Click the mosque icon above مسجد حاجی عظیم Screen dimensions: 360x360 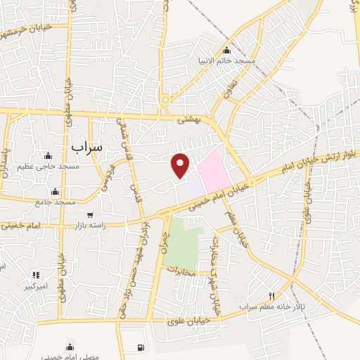click(48, 156)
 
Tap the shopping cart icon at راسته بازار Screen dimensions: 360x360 click(90, 215)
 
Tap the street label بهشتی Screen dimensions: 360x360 click(189, 120)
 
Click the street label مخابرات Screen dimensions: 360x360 click(181, 268)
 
